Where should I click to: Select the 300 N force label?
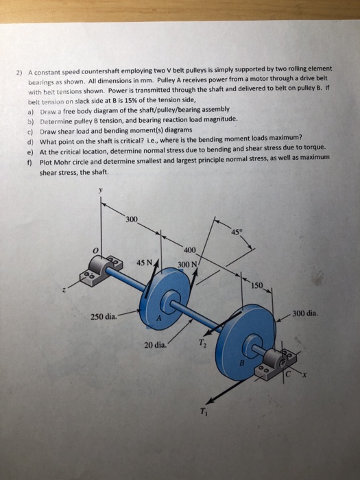[x=187, y=265]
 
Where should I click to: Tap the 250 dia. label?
[x=103, y=316]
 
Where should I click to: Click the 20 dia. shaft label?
[x=156, y=344]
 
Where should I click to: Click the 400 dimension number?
[x=190, y=248]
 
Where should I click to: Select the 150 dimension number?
[x=257, y=285]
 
